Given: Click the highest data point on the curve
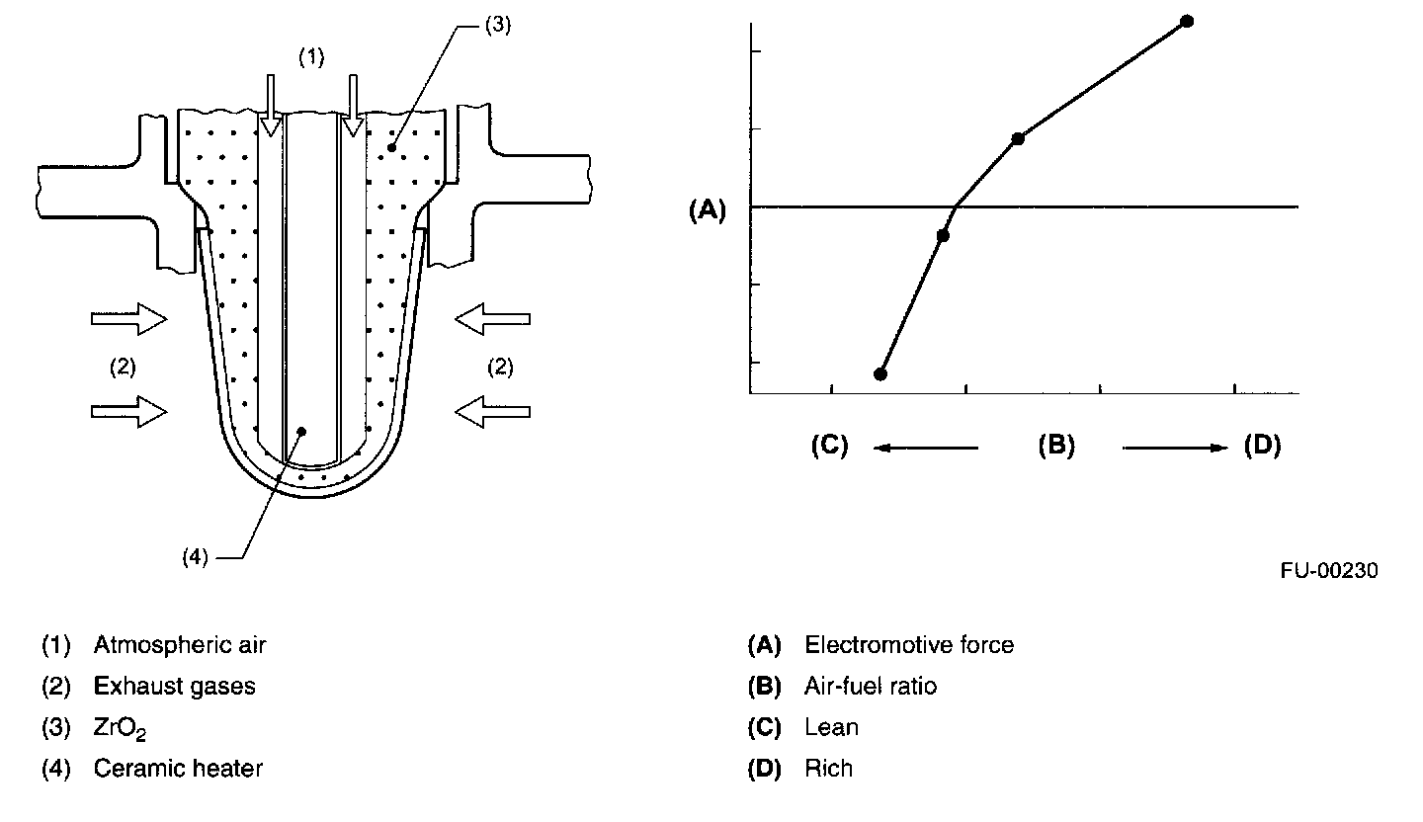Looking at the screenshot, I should point(1187,21).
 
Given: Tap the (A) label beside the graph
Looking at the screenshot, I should point(708,209).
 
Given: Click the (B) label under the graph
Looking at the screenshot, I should point(1055,446).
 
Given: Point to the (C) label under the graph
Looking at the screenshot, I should point(829,446).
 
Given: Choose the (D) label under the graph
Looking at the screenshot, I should point(1262,446).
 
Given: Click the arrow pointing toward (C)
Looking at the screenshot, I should point(925,448).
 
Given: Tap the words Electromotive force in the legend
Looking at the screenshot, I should point(909,645).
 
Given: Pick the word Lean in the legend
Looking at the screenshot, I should point(831,727).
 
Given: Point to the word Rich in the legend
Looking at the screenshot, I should point(828,768).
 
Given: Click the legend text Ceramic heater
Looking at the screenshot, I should point(178,768).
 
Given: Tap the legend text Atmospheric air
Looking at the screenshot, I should point(180,645).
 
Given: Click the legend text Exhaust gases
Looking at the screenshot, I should point(174,686).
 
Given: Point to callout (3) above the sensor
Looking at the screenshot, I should point(497,26).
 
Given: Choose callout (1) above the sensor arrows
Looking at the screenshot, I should point(311,57).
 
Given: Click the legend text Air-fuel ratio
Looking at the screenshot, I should point(871,686).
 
